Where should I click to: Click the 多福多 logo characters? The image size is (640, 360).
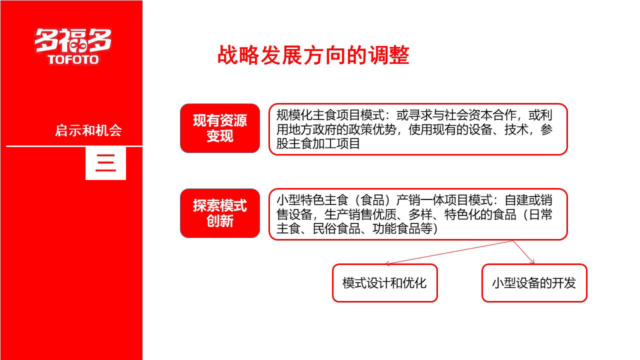[x=73, y=41]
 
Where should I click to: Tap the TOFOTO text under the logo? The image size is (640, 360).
[x=73, y=59]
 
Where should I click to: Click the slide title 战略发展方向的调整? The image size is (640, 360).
[x=313, y=55]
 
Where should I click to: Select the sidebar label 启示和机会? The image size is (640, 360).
[x=88, y=130]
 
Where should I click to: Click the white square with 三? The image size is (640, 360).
[x=105, y=163]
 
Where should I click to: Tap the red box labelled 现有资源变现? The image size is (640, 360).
[x=220, y=128]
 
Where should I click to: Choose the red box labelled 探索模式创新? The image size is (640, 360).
[x=220, y=213]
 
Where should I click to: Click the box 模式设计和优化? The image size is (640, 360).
[x=385, y=283]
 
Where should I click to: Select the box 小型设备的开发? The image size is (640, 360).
[x=534, y=283]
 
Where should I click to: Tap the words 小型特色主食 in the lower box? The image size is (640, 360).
[x=312, y=200]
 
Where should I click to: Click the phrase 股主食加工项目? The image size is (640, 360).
[x=318, y=143]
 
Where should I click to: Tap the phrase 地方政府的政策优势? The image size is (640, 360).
[x=342, y=129]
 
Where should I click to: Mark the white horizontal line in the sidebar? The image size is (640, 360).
[x=74, y=146]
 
